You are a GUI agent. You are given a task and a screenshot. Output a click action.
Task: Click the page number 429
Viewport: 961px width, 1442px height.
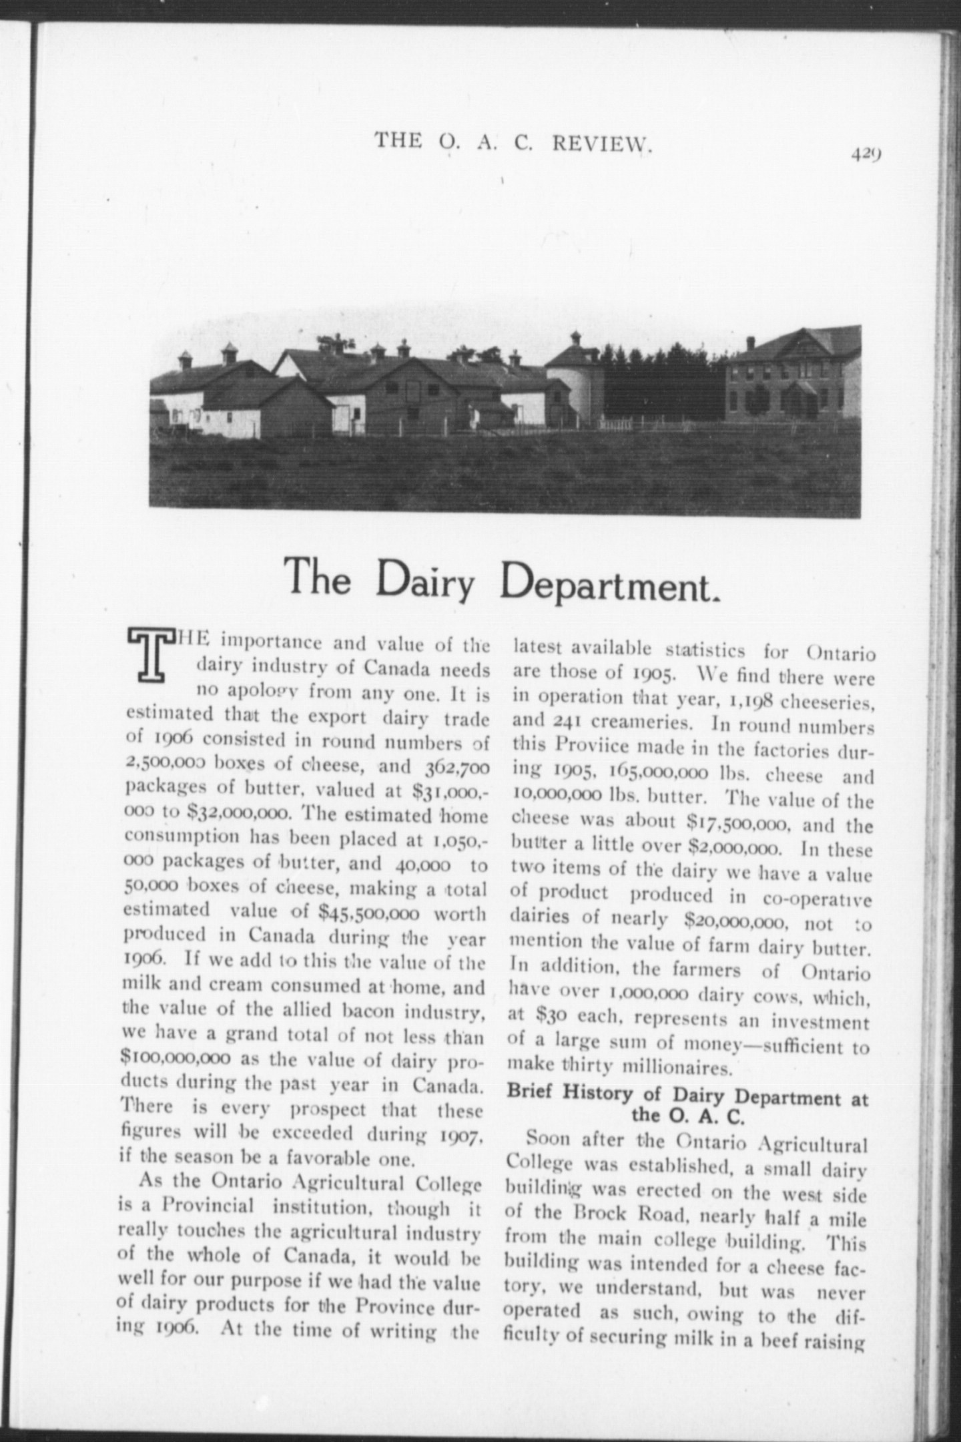[867, 153]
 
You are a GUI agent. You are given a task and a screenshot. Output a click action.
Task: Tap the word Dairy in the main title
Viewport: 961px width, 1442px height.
[424, 579]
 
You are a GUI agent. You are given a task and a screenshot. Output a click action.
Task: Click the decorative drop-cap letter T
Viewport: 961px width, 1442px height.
[153, 656]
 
